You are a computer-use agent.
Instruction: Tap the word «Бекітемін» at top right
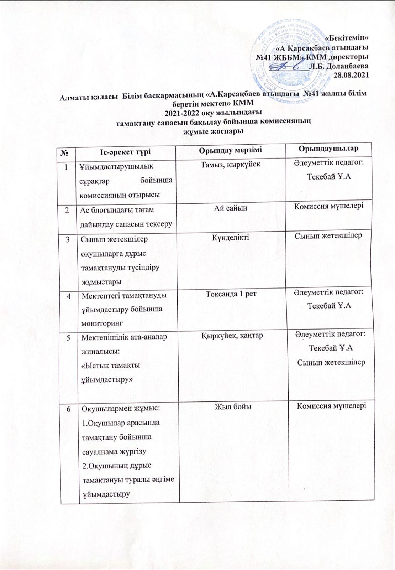(347, 37)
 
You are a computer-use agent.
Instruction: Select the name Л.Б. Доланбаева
(339, 66)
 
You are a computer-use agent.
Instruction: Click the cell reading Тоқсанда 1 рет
(231, 294)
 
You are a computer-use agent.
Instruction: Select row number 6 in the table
(67, 408)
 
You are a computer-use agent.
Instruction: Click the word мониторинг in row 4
(102, 323)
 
